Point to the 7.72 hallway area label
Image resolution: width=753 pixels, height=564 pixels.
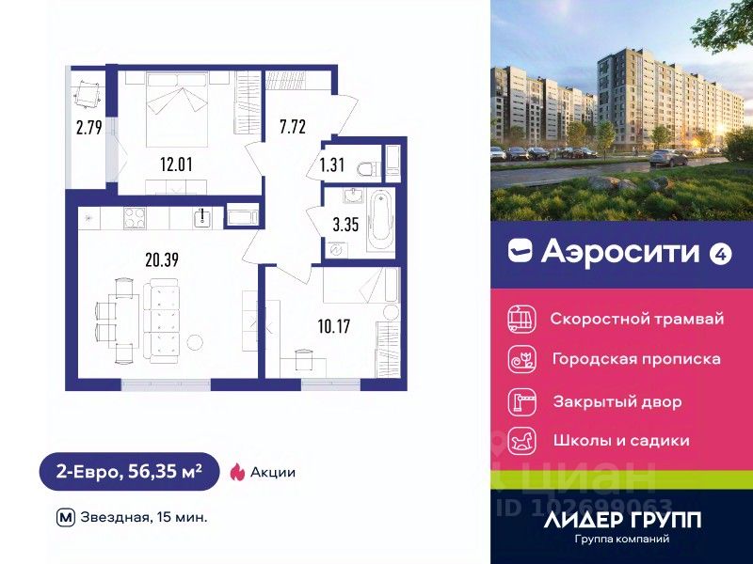click(x=292, y=125)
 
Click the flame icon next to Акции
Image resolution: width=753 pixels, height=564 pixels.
click(x=236, y=472)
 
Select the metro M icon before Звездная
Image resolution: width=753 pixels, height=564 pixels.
click(x=66, y=517)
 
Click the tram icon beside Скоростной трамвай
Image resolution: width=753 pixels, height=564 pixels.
click(x=520, y=318)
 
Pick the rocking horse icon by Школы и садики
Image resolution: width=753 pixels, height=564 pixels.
click(x=520, y=440)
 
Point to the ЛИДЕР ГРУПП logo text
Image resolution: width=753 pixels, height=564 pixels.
click(x=623, y=518)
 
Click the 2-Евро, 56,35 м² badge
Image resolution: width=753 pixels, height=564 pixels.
click(x=129, y=472)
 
